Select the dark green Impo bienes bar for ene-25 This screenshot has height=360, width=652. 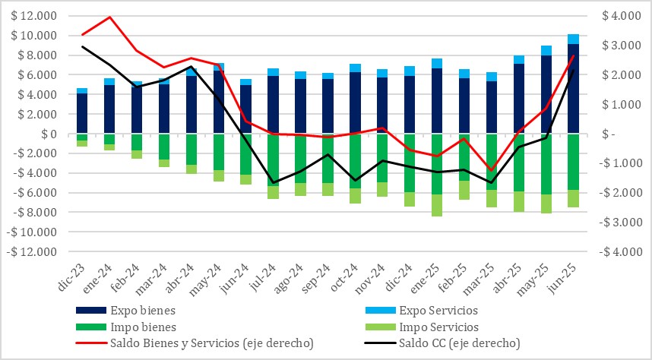[437, 163]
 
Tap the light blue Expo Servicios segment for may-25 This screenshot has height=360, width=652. [546, 51]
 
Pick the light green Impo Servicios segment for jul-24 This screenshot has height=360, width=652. [273, 192]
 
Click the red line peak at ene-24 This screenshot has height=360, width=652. [109, 17]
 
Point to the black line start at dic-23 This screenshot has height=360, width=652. [82, 47]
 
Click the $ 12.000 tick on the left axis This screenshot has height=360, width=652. [33, 16]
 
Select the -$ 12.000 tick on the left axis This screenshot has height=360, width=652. [32, 252]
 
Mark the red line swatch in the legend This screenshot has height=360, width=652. [90, 344]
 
